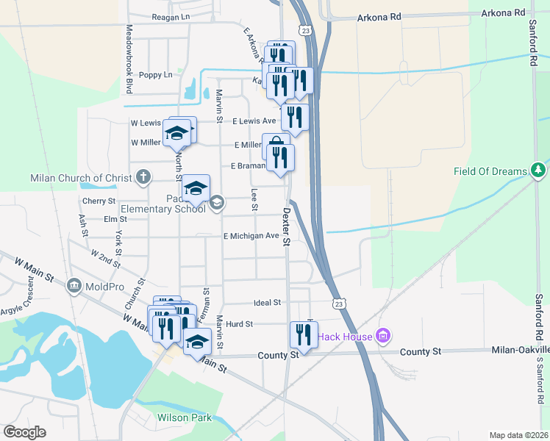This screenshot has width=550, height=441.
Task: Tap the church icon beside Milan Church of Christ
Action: (x=143, y=177)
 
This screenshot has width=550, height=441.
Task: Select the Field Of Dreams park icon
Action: (x=539, y=171)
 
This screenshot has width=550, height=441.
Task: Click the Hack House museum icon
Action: (x=382, y=337)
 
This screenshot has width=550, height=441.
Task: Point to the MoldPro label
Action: (x=104, y=285)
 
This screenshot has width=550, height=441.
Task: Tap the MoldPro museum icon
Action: (x=74, y=285)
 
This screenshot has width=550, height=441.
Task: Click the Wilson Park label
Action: (x=184, y=418)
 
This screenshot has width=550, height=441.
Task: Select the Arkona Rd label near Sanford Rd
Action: (x=504, y=12)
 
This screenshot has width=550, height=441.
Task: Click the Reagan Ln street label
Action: (x=171, y=16)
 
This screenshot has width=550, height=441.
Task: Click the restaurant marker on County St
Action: (x=304, y=335)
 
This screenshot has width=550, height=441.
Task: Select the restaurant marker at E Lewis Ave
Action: (x=294, y=118)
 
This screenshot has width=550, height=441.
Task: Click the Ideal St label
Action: (x=267, y=303)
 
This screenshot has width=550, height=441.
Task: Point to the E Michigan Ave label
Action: (x=251, y=236)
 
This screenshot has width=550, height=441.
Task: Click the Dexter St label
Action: (x=286, y=226)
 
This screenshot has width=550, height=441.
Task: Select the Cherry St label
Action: (x=99, y=201)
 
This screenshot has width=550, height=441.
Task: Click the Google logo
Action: (x=24, y=432)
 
